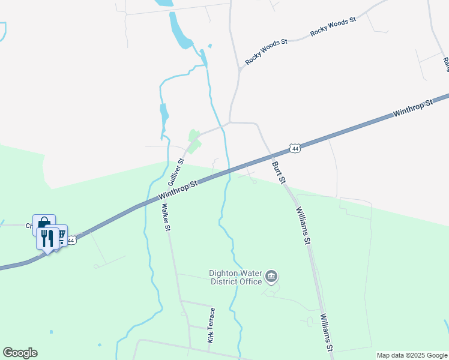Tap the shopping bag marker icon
click(44, 223)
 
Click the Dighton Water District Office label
click(235, 277)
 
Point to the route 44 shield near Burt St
click(294, 148)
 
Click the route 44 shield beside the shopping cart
click(72, 240)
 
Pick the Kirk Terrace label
click(211, 325)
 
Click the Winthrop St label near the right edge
click(412, 109)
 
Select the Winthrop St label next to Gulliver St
click(178, 191)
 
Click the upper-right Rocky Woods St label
click(333, 27)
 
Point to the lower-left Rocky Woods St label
click(267, 52)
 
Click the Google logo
click(20, 353)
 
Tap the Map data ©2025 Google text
click(412, 355)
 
